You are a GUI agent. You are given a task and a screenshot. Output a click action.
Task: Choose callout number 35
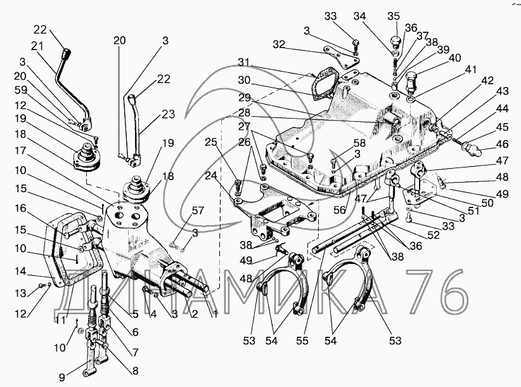coord(394,16)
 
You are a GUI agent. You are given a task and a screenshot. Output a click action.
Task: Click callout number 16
coord(20,207)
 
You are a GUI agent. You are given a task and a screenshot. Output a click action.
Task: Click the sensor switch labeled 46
coord(472,151)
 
